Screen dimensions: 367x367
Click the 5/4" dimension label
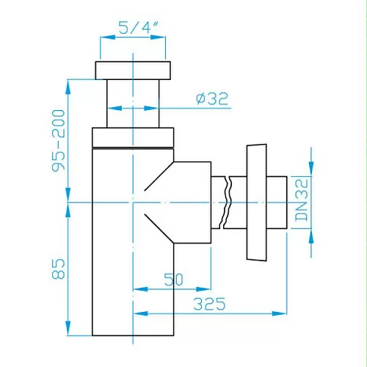tap(139, 27)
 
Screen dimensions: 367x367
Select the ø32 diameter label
tap(212, 98)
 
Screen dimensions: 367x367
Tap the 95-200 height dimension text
tap(59, 140)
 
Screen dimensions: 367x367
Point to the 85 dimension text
tap(59, 269)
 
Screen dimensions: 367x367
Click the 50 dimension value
tap(174, 280)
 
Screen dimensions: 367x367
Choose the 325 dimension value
tap(209, 304)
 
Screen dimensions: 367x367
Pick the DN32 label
tap(301, 200)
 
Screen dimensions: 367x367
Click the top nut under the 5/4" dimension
tap(133, 70)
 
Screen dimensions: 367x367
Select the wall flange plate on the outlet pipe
tap(256, 203)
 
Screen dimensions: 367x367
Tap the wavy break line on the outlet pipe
tap(227, 203)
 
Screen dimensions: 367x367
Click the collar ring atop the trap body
tap(133, 137)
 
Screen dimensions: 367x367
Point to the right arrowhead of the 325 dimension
tap(280, 313)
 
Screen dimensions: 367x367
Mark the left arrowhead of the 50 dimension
tap(140, 289)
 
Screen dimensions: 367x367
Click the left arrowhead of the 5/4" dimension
tap(108, 37)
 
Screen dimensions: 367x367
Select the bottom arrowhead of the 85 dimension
tap(68, 328)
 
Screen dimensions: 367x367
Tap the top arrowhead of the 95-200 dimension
tap(68, 87)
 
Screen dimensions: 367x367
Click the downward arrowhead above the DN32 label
tap(311, 169)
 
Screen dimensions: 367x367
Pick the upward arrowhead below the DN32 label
tap(311, 236)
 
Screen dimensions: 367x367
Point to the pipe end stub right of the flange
tap(277, 203)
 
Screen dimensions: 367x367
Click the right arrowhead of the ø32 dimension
tap(151, 108)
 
